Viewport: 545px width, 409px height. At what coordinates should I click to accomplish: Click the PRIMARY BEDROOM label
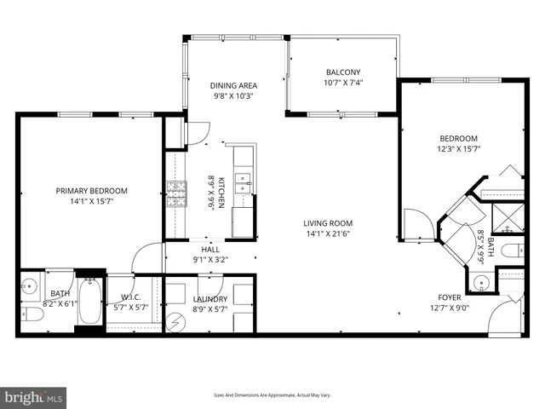point(91,191)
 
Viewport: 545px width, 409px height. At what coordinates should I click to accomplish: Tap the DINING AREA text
point(233,85)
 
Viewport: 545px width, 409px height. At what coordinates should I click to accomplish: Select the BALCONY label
point(343,72)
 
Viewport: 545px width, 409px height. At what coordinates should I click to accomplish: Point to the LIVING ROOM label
point(328,223)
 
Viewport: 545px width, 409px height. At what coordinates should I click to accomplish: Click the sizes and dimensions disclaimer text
point(272,395)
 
